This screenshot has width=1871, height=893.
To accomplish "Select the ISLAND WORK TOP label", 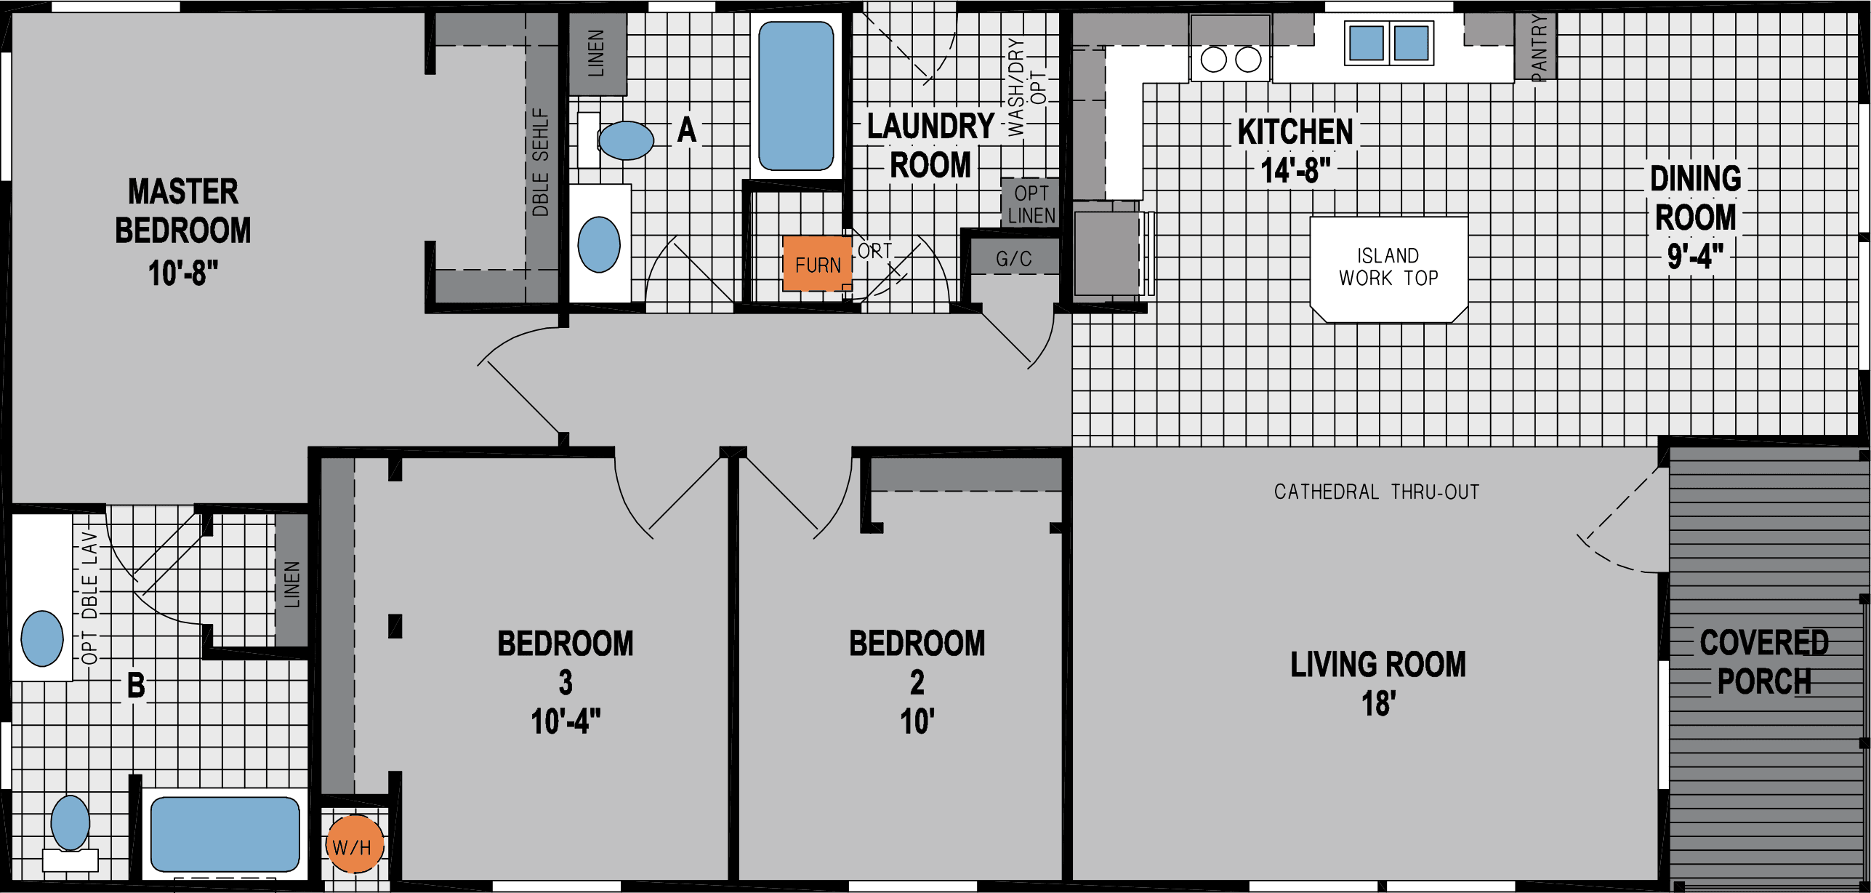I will pyautogui.click(x=1388, y=267).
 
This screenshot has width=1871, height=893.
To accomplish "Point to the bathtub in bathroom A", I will pyautogui.click(x=796, y=95).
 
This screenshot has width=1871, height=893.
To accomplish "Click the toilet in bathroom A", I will pyautogui.click(x=623, y=140).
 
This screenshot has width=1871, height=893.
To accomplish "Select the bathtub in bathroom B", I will pyautogui.click(x=225, y=833).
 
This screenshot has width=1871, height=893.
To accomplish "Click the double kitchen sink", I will pyautogui.click(x=1388, y=42).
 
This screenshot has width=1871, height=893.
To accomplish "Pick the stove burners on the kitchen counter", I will pyautogui.click(x=1231, y=60).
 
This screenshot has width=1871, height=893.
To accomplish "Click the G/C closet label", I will pyautogui.click(x=1013, y=259).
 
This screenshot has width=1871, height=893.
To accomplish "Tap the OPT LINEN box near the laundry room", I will pyautogui.click(x=1031, y=204).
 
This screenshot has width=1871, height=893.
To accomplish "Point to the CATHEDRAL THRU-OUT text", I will pyautogui.click(x=1376, y=492).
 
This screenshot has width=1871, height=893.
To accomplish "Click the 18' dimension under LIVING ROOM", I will pyautogui.click(x=1378, y=704).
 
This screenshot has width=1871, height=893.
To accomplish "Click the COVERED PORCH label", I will pyautogui.click(x=1763, y=662).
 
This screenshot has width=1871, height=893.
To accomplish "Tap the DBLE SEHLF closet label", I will pyautogui.click(x=541, y=161).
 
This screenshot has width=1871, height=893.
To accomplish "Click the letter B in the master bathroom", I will pyautogui.click(x=136, y=685).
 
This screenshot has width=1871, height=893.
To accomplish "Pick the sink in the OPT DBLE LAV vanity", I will pyautogui.click(x=42, y=638).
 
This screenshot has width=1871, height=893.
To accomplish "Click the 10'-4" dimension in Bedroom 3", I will pyautogui.click(x=566, y=721).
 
